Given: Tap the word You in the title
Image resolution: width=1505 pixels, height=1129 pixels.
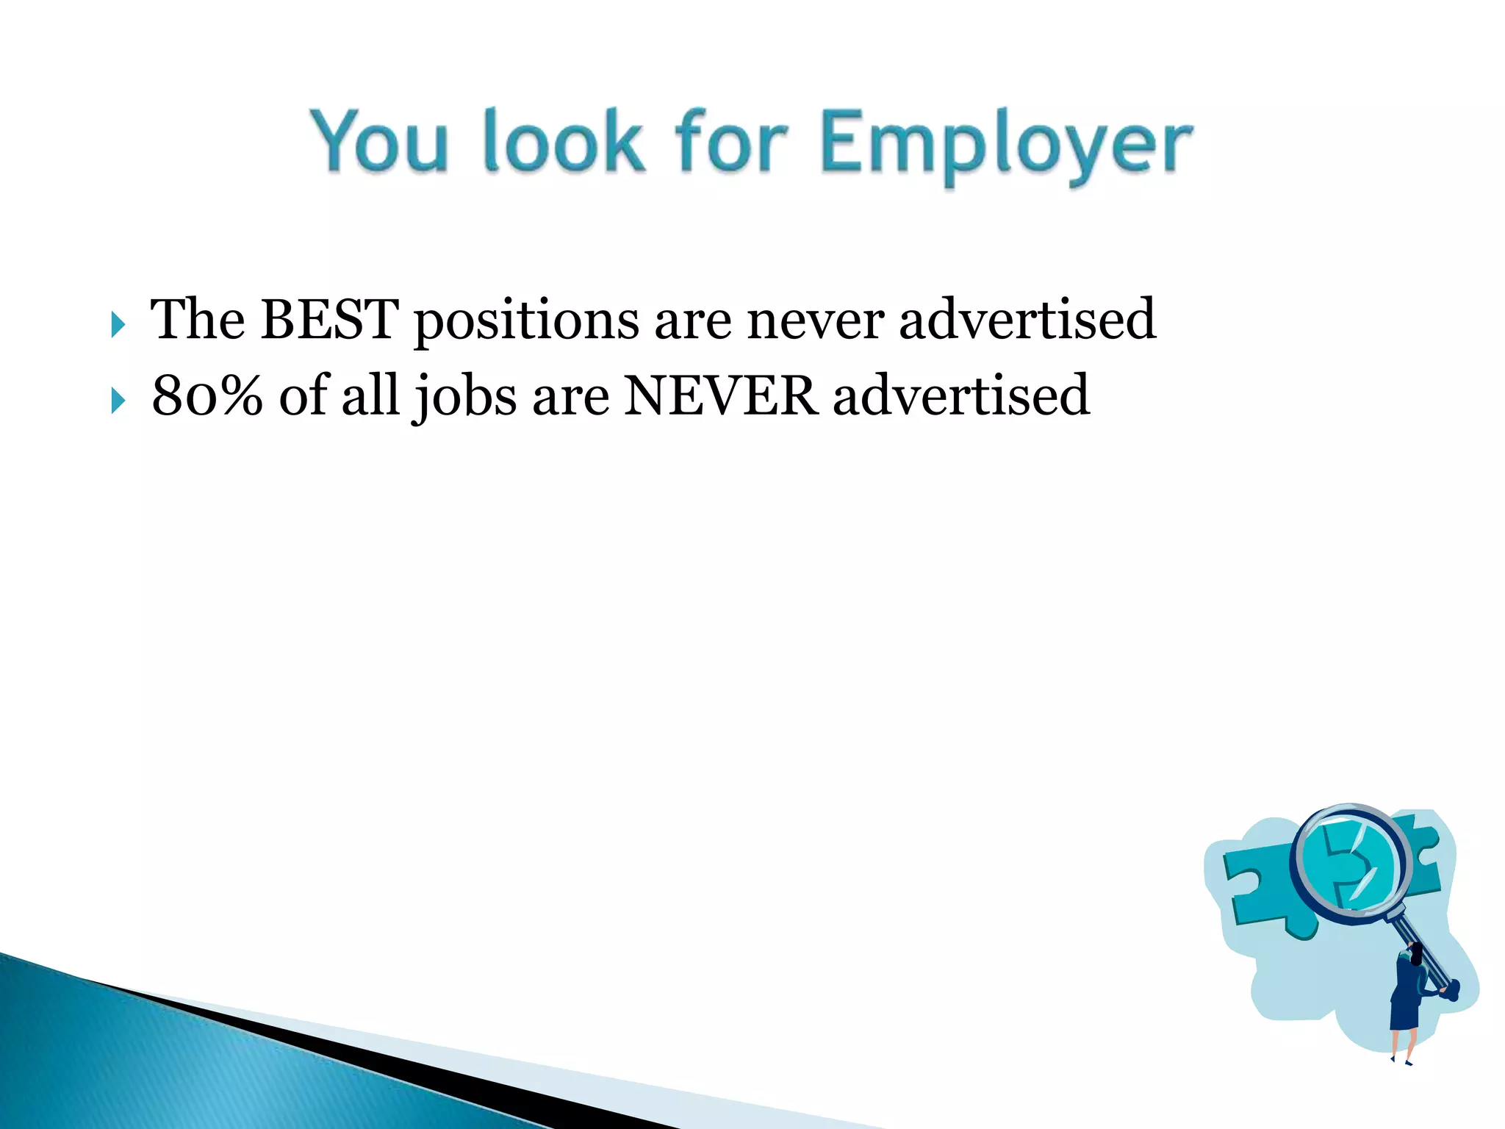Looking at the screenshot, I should tap(378, 141).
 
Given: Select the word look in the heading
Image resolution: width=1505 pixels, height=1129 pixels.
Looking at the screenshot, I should tap(564, 141).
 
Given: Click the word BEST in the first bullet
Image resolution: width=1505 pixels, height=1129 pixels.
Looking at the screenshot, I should tap(329, 319).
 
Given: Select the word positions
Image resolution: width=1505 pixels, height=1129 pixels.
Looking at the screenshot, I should tap(526, 321).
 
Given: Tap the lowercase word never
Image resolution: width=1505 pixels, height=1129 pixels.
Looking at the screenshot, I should tap(815, 321).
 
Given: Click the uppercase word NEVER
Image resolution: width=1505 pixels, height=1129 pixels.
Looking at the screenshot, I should tap(720, 395).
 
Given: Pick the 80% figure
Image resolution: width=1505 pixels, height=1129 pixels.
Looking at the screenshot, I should tap(207, 395).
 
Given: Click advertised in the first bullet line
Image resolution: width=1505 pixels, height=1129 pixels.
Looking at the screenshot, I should tap(1027, 319).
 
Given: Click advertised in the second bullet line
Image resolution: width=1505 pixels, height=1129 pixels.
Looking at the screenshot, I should tap(960, 395).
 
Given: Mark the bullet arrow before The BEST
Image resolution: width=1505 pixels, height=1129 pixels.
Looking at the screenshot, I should tap(118, 324).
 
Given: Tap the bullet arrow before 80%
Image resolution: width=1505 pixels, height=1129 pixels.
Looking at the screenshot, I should tap(118, 401).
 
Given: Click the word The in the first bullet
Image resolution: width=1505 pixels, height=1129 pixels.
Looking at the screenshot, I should tap(198, 319).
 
